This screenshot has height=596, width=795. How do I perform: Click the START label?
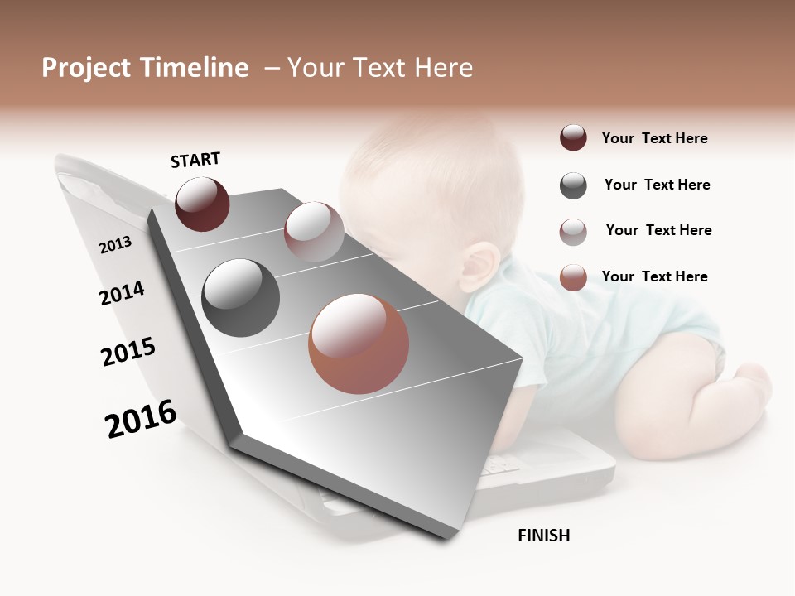click(195, 160)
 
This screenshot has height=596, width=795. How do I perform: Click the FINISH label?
click(543, 536)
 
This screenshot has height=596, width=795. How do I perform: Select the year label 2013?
click(115, 245)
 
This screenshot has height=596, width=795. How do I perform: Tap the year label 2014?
click(122, 293)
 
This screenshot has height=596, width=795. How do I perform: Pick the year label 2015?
click(128, 352)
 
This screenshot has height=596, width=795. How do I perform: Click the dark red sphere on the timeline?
click(202, 204)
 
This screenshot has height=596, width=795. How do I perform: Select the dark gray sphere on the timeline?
click(240, 297)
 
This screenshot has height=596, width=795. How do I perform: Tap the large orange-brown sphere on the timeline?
click(359, 344)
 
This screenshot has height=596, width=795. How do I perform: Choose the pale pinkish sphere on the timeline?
click(313, 231)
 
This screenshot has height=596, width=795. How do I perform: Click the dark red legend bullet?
click(573, 138)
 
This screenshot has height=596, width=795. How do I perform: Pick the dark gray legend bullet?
click(573, 185)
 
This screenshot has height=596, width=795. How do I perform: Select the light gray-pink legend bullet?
click(573, 232)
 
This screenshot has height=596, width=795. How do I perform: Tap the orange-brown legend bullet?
click(573, 277)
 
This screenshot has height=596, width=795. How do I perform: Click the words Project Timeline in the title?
click(145, 68)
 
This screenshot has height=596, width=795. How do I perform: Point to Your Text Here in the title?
click(379, 68)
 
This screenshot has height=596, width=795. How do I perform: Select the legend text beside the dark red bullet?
click(654, 138)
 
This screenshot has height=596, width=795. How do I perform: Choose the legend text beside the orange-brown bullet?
click(654, 276)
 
